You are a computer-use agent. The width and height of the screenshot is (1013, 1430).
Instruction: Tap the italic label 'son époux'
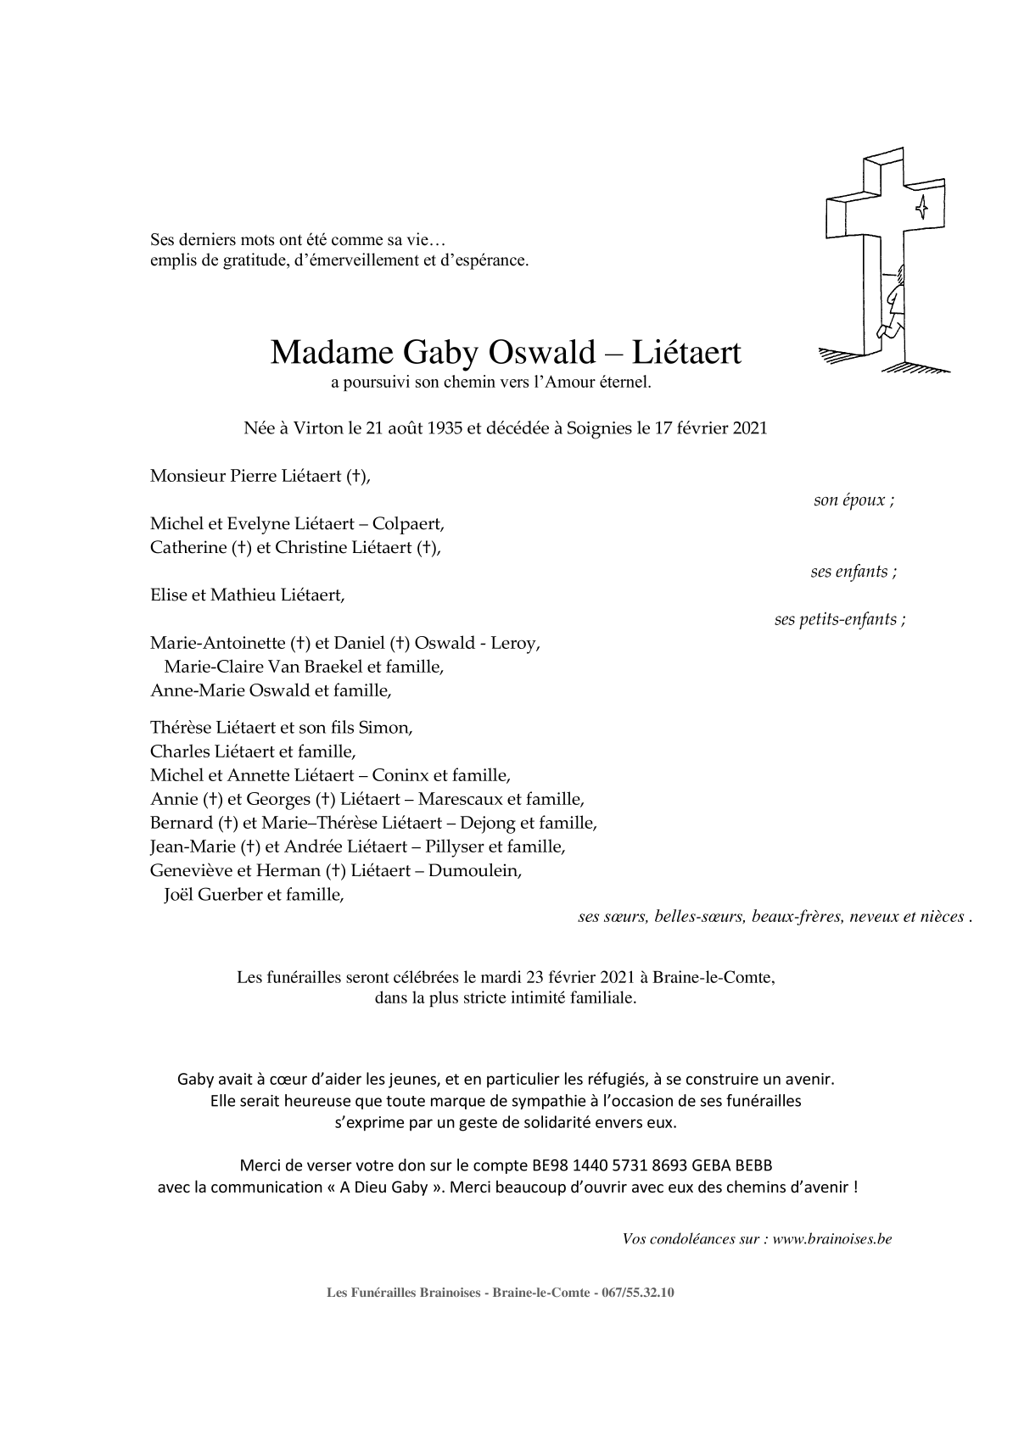pos(853,500)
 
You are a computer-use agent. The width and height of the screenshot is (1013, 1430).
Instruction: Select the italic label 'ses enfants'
pos(853,572)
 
